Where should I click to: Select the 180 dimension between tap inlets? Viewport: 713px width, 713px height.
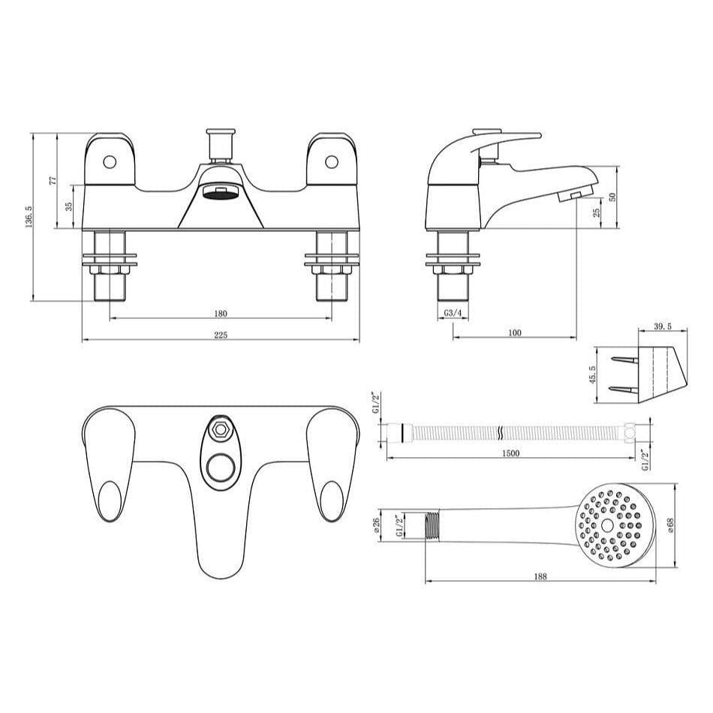tap(221, 313)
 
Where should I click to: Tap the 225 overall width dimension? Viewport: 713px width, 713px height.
tap(221, 335)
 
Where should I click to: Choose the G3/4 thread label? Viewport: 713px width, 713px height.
tap(452, 312)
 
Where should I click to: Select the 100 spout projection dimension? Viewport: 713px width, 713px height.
tap(515, 332)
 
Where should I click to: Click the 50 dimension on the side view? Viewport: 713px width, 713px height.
tap(612, 197)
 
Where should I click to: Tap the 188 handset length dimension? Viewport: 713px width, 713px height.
tap(540, 576)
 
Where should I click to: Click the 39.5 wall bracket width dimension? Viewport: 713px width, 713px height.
tap(662, 327)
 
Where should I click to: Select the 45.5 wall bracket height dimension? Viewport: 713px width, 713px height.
tap(593, 375)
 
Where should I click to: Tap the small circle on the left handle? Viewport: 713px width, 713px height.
tap(110, 161)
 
